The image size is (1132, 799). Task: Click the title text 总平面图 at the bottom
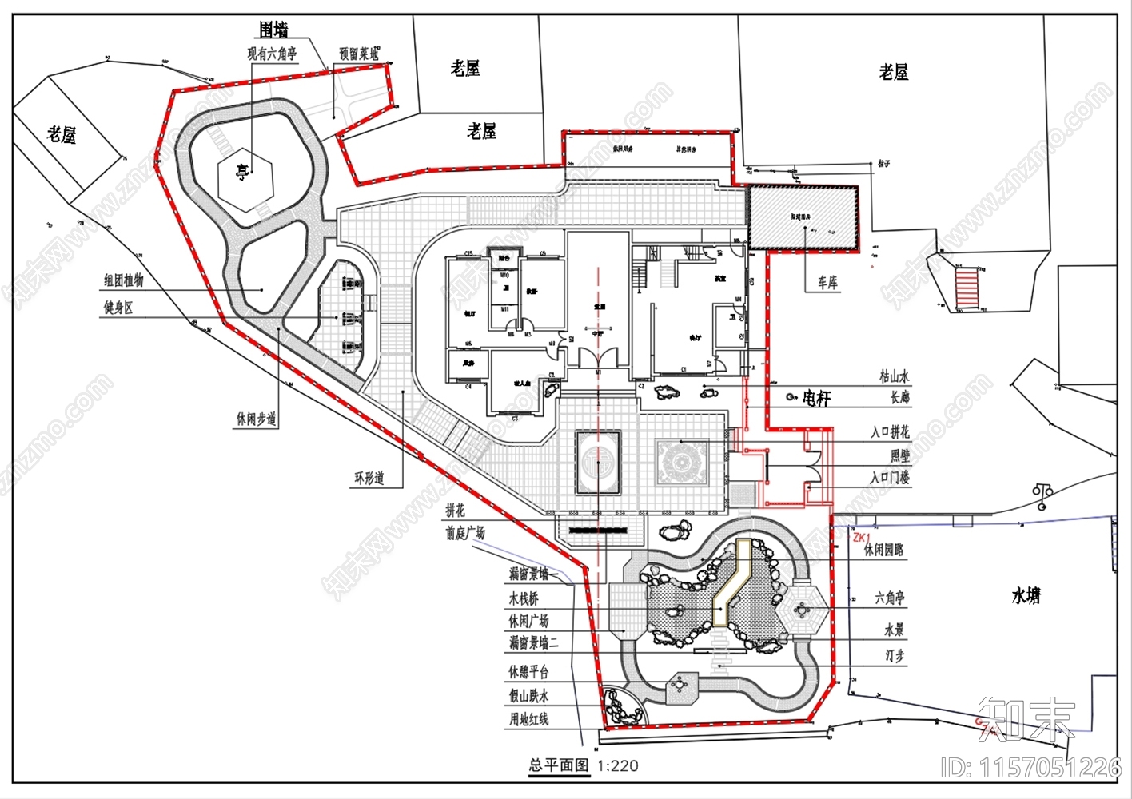(559, 765)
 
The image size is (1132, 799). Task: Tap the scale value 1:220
(618, 765)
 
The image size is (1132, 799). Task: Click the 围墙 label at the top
(273, 30)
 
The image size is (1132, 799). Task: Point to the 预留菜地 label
(358, 54)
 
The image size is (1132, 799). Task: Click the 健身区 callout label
(118, 308)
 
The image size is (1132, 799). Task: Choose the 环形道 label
(369, 478)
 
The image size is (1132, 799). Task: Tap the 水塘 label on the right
(1026, 595)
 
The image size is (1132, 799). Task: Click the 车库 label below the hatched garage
(827, 284)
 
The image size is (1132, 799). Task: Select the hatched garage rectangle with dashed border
(803, 218)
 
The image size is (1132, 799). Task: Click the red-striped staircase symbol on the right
(967, 288)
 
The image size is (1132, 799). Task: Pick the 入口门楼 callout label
(890, 478)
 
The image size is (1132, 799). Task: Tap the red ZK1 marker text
(861, 538)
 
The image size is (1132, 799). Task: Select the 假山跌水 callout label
(529, 695)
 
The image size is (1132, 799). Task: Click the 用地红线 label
(529, 719)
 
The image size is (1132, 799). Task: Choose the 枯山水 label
(894, 376)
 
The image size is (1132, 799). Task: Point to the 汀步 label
(894, 656)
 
